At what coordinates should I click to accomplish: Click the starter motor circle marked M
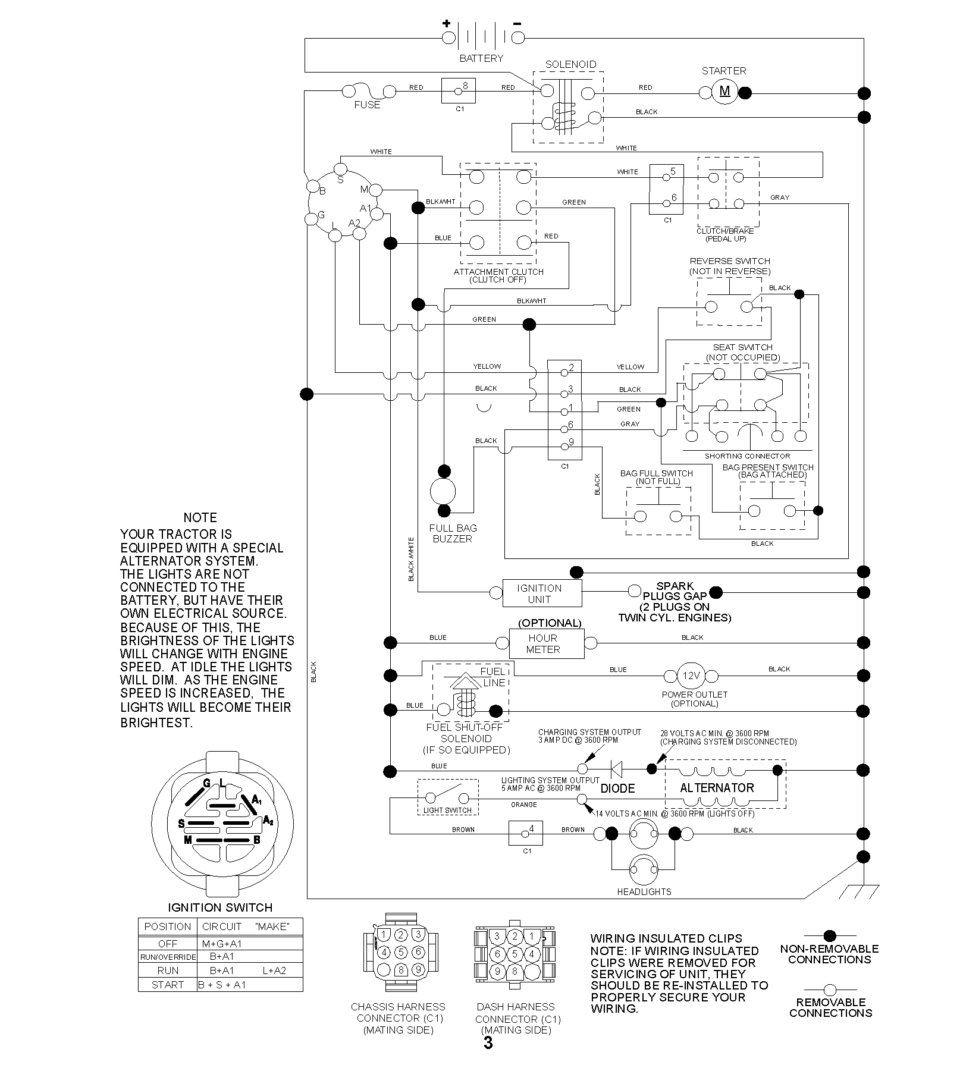[724, 92]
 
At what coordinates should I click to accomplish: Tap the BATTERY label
[481, 58]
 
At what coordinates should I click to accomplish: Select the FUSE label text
[367, 105]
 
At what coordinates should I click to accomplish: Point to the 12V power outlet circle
[691, 676]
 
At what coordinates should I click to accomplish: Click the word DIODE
[617, 789]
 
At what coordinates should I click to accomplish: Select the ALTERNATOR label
[717, 788]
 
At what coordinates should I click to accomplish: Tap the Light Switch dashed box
[448, 797]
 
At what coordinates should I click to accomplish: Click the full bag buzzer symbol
[443, 491]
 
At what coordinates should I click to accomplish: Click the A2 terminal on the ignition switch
[359, 234]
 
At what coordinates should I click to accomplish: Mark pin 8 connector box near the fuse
[458, 91]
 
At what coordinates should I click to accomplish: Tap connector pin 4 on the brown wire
[526, 833]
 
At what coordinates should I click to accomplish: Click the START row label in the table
[168, 984]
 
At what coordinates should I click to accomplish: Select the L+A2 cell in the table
[274, 970]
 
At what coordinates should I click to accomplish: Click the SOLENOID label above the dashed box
[570, 64]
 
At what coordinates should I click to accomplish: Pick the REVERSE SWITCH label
[730, 261]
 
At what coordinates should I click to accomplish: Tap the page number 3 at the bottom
[488, 1043]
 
